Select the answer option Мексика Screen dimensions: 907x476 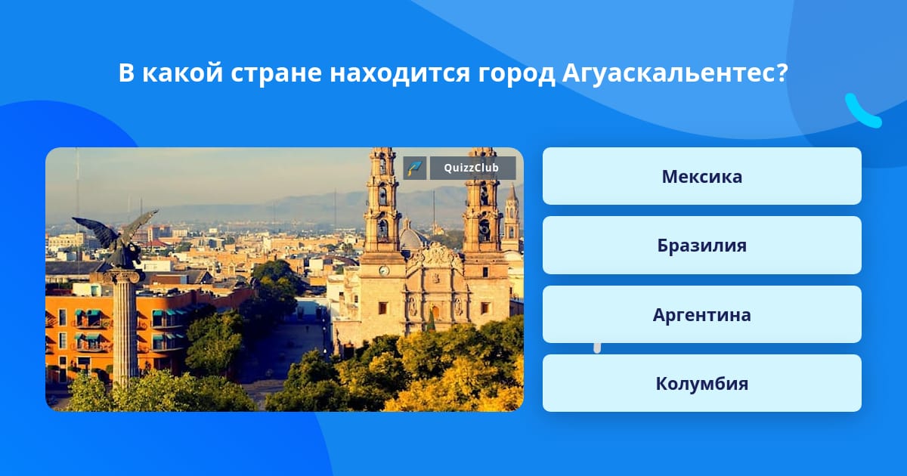click(x=701, y=176)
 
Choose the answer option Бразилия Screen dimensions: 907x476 click(x=701, y=246)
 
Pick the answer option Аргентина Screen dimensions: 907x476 click(x=701, y=314)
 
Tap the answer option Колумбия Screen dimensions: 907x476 click(x=701, y=383)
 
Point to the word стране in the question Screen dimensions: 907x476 click(x=276, y=74)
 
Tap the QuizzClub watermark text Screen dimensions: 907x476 click(x=472, y=168)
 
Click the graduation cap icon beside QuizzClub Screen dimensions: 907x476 click(x=415, y=168)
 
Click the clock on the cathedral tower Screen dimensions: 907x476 click(x=384, y=270)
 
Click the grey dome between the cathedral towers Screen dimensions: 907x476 click(x=412, y=237)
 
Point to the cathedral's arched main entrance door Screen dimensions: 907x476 click(x=435, y=313)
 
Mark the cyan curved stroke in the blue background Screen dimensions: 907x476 click(x=862, y=111)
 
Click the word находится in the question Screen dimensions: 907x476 click(x=400, y=73)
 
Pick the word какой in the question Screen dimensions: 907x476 click(x=182, y=73)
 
